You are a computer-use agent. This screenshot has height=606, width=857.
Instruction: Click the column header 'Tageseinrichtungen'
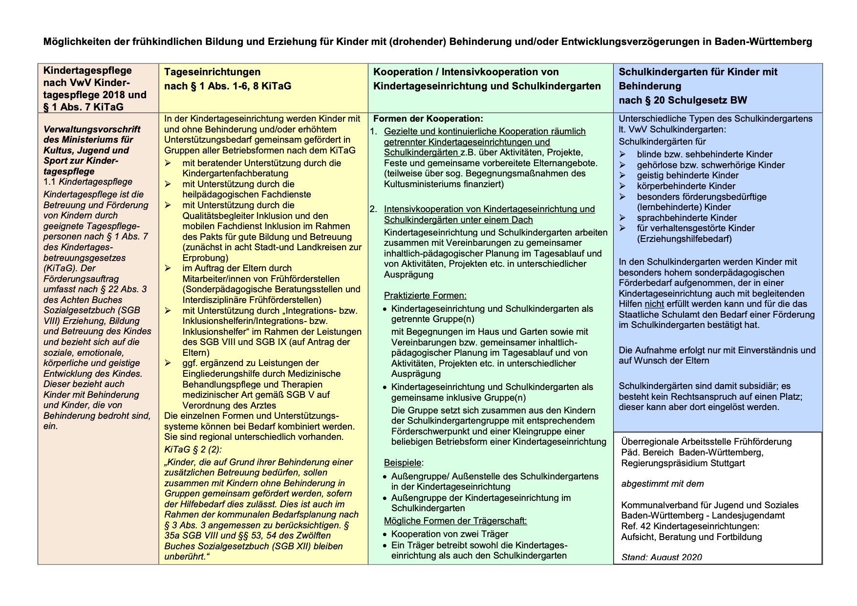[212, 72]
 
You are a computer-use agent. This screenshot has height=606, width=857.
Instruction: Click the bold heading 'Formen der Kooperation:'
[428, 119]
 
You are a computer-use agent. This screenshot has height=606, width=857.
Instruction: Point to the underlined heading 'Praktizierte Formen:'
[425, 296]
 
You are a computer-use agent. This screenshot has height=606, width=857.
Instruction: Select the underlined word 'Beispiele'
[403, 463]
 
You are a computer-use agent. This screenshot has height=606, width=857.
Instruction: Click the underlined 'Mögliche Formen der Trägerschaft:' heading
[455, 521]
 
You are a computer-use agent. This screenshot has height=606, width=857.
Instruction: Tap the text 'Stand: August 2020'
[662, 557]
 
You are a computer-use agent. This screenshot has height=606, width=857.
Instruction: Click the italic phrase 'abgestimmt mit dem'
[663, 484]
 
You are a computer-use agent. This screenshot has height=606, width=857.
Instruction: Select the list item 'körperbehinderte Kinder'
[686, 186]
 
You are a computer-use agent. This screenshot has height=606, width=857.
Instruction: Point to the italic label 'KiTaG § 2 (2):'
[193, 450]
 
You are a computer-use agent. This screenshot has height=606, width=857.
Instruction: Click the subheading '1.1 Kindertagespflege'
[88, 182]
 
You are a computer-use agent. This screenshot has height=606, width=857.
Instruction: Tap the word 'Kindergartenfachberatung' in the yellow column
[236, 173]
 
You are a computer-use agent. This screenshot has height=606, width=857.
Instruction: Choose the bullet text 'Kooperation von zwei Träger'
[450, 534]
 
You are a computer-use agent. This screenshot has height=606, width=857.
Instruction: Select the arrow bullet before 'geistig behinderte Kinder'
[622, 175]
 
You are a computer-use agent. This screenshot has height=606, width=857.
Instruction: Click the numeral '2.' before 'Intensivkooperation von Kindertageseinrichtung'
[374, 209]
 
